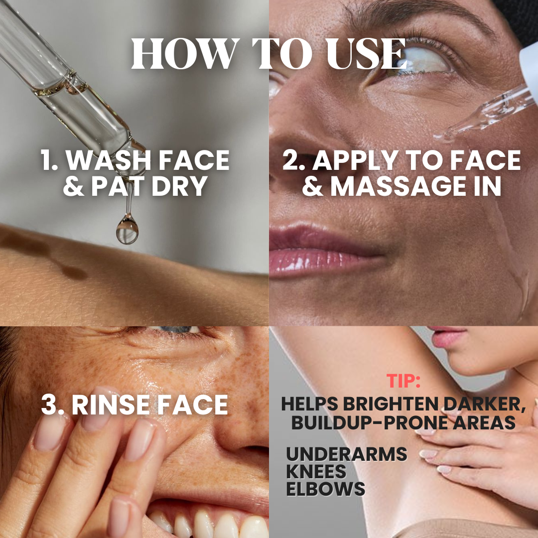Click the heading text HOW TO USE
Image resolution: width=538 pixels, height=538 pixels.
[269, 53]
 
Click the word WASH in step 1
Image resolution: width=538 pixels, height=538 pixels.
[109, 160]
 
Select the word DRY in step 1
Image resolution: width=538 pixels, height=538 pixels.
[179, 186]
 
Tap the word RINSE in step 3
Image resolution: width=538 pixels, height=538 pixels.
[111, 405]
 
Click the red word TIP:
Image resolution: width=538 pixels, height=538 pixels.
[403, 381]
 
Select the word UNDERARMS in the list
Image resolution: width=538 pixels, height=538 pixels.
[347, 454]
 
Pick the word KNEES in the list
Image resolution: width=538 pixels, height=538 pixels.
[316, 471]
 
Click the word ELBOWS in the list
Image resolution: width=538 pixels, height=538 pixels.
[326, 489]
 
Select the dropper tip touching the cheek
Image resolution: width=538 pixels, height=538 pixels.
[441, 137]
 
